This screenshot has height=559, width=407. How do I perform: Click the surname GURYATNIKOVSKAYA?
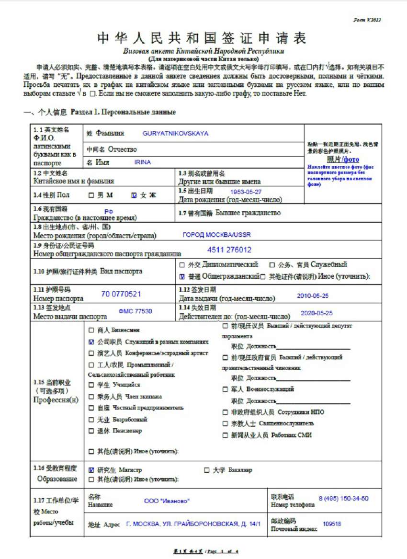pyautogui.click(x=175, y=134)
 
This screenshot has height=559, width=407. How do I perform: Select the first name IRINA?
pyautogui.click(x=143, y=162)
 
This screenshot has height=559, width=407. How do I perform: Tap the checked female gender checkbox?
pyautogui.click(x=134, y=195)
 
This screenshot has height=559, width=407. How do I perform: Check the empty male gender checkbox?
pyautogui.click(x=91, y=195)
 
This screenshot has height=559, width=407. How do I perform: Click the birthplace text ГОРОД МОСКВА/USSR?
pyautogui.click(x=216, y=235)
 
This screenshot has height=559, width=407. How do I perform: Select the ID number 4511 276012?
pyautogui.click(x=229, y=250)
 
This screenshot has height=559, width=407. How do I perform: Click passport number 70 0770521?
pyautogui.click(x=121, y=294)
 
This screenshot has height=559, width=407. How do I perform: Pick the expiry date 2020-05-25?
pyautogui.click(x=317, y=313)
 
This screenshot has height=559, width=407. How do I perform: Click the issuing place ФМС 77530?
pyautogui.click(x=136, y=311)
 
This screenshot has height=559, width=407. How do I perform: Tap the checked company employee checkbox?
pyautogui.click(x=91, y=342)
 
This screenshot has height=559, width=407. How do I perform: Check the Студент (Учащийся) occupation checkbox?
pyautogui.click(x=91, y=385)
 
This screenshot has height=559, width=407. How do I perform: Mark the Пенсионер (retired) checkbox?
pyautogui.click(x=91, y=431)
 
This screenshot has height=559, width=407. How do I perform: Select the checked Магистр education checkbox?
pyautogui.click(x=91, y=470)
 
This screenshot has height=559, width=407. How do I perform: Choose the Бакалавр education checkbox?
pyautogui.click(x=207, y=470)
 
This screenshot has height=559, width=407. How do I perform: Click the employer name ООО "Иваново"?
pyautogui.click(x=167, y=501)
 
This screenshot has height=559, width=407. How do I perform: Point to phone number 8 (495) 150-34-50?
pyautogui.click(x=343, y=498)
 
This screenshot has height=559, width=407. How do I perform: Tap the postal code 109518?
pyautogui.click(x=332, y=524)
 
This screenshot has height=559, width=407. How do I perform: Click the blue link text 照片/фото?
pyautogui.click(x=343, y=160)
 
